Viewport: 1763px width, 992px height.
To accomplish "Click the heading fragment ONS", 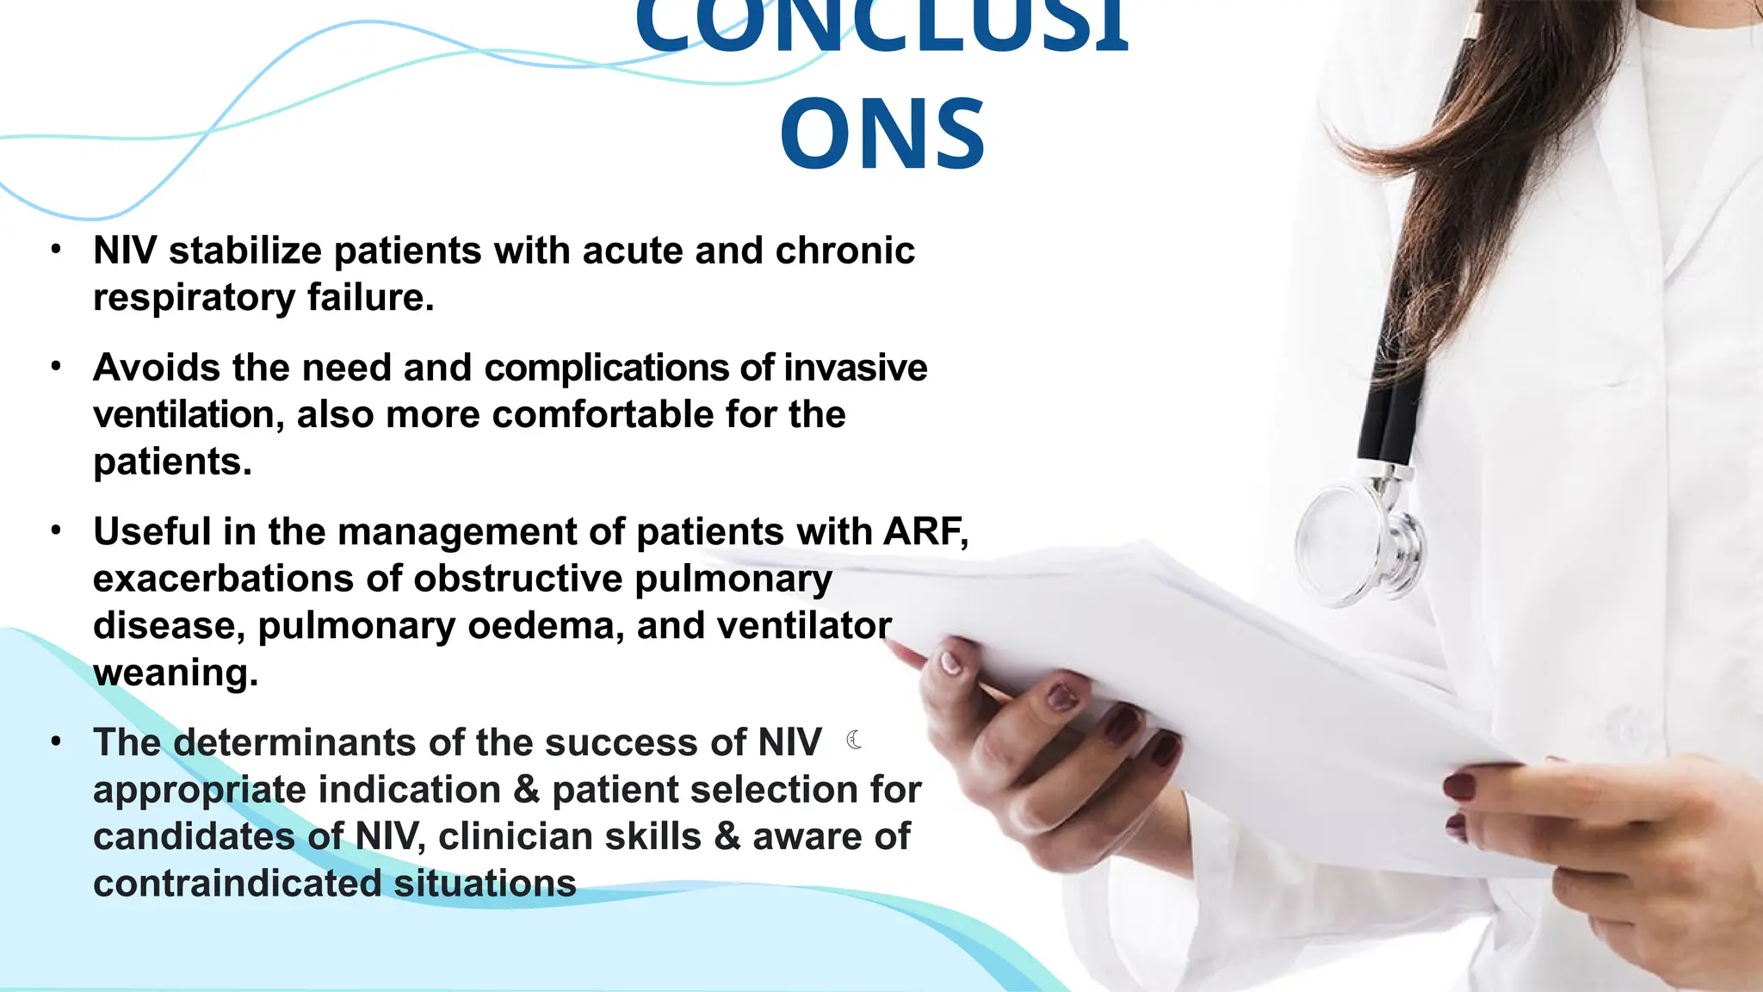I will point(882,134).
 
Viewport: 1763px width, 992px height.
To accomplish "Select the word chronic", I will point(844,251).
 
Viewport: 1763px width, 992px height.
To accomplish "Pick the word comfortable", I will point(603,415).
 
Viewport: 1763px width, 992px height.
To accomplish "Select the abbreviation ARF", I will point(923,532).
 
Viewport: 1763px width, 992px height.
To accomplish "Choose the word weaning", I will point(175,673).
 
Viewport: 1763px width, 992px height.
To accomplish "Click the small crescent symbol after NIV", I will point(854,740).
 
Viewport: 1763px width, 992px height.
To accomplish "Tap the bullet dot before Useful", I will point(56,530).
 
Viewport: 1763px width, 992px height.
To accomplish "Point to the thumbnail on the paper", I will point(950,662).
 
